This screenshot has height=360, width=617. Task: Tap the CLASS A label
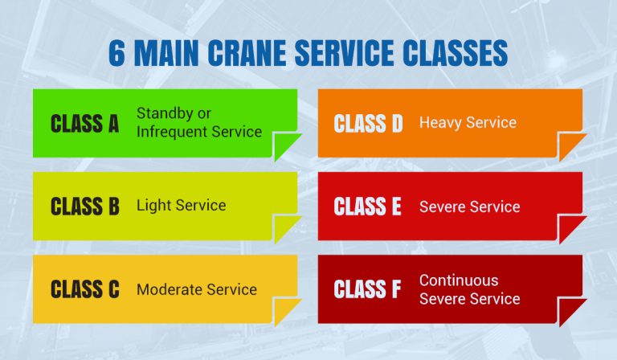pos(84,124)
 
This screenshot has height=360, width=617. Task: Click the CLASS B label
pos(84,207)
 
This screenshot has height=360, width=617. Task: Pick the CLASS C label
pos(84,290)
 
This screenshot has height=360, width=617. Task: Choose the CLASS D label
pos(368,124)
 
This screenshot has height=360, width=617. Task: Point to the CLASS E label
pos(367,207)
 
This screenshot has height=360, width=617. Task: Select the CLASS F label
pos(367,290)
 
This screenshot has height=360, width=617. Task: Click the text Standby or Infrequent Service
pos(198,122)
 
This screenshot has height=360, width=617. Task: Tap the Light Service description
pos(181,206)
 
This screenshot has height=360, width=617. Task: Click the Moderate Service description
pos(196,289)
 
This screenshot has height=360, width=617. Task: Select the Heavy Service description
pos(468,123)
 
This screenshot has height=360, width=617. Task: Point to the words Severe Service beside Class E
pos(469,207)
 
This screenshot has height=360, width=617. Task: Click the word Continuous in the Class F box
pos(459,280)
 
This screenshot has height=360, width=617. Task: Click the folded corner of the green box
pos(286,146)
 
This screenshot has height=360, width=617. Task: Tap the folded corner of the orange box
pos(570,146)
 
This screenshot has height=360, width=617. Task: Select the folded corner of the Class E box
pos(570,230)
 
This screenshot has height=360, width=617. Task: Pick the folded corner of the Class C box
pos(286,313)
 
